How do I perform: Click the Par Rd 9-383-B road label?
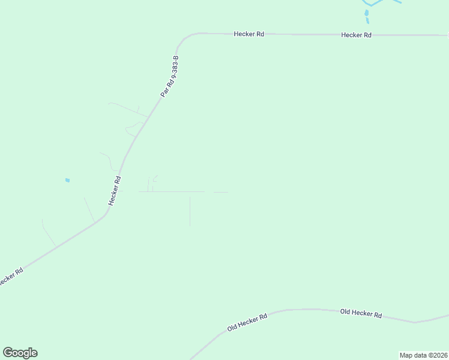(170, 77)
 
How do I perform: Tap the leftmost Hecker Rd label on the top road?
(249, 34)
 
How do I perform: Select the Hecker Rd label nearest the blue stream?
(356, 35)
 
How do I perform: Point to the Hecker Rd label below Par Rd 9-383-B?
(115, 191)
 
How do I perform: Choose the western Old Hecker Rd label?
(247, 322)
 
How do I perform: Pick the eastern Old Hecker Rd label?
(361, 313)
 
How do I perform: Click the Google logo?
(20, 353)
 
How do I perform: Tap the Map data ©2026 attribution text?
(424, 355)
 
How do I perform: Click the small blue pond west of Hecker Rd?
(67, 180)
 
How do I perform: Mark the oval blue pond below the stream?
(366, 13)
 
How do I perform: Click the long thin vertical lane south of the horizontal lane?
(190, 211)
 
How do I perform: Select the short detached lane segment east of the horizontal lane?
(220, 192)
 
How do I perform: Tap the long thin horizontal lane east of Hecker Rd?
(172, 191)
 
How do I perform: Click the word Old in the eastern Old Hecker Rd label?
(346, 312)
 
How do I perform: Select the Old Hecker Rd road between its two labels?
(306, 310)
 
